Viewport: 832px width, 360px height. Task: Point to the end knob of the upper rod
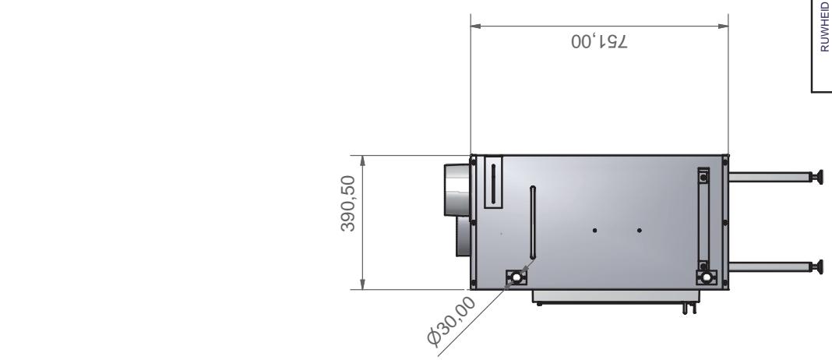click(x=816, y=178)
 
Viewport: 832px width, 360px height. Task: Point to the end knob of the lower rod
click(x=816, y=267)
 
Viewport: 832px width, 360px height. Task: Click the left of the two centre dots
click(x=594, y=230)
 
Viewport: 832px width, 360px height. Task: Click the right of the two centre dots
click(x=640, y=230)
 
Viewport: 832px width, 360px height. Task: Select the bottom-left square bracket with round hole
click(x=515, y=277)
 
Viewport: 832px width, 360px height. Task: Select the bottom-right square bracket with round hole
click(x=705, y=277)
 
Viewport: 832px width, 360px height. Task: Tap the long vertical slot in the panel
click(x=532, y=222)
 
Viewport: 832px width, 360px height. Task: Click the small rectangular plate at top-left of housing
click(x=493, y=182)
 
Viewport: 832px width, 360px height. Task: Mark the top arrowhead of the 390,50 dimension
click(x=363, y=159)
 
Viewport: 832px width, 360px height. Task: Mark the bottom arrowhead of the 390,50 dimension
click(x=363, y=284)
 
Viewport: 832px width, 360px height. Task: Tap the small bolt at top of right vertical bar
click(x=704, y=177)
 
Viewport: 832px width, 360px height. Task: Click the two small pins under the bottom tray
click(x=686, y=309)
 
